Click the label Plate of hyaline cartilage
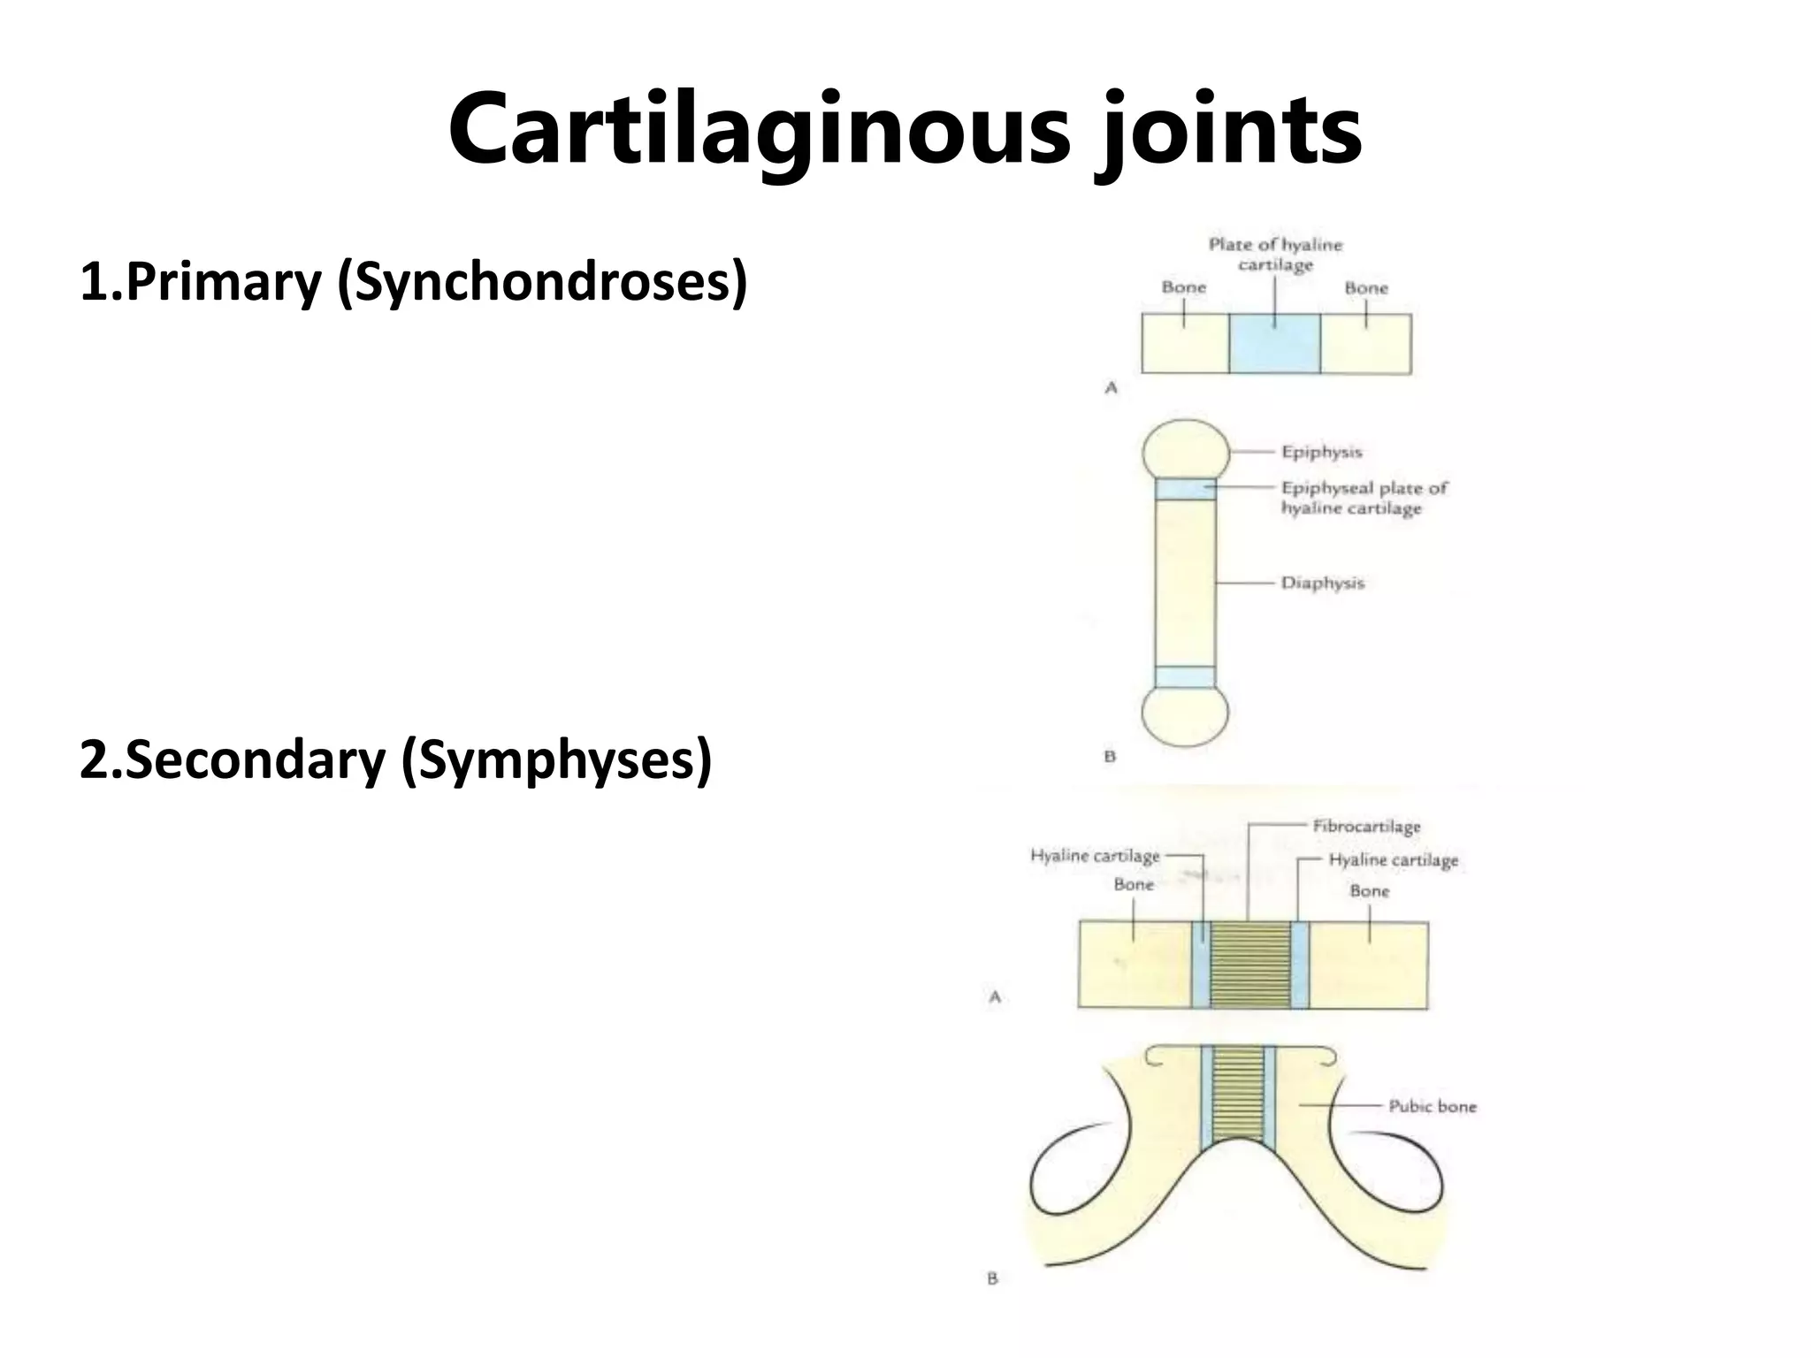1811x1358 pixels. click(x=1274, y=255)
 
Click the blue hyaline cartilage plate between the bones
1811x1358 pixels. click(x=1274, y=345)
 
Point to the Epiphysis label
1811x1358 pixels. click(x=1322, y=452)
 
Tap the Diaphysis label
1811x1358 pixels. click(x=1323, y=584)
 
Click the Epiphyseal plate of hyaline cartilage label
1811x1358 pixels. click(x=1363, y=498)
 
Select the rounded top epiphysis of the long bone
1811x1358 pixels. click(x=1185, y=450)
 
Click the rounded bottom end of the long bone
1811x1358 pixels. click(x=1185, y=716)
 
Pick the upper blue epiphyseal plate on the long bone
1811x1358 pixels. click(x=1185, y=489)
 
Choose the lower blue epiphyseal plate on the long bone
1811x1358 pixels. click(x=1185, y=677)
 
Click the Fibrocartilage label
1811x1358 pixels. click(x=1366, y=827)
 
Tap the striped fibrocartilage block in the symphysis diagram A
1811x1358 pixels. click(x=1250, y=965)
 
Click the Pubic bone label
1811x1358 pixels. click(x=1432, y=1106)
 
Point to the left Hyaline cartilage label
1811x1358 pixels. click(x=1095, y=856)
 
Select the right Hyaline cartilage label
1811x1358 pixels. click(x=1393, y=860)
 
